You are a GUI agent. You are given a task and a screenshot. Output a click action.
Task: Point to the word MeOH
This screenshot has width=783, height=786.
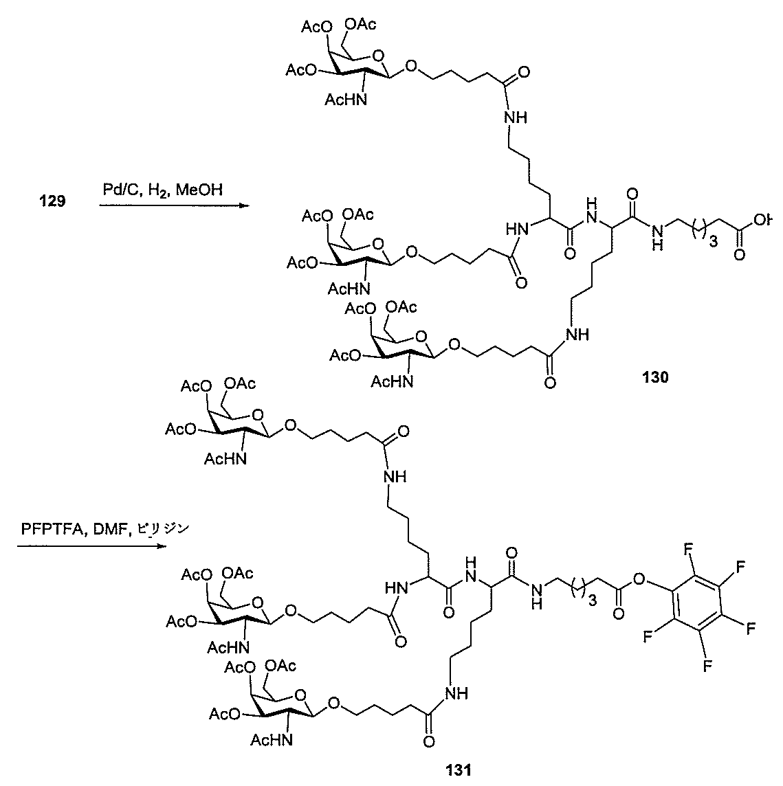point(199,189)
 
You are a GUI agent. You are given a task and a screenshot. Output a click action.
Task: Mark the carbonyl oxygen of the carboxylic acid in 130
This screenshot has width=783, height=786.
point(740,256)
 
